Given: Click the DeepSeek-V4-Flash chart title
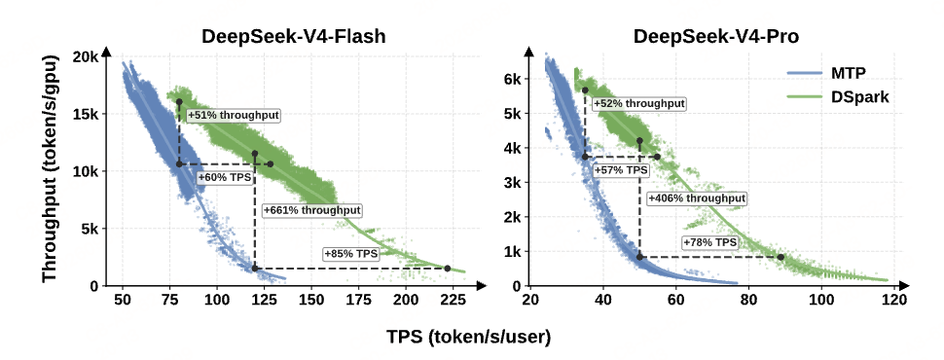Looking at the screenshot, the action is (x=293, y=37).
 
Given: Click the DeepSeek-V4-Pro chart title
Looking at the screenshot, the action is (x=716, y=37).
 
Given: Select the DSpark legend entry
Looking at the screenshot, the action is (x=838, y=96).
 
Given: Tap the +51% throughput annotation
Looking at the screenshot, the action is (x=234, y=116).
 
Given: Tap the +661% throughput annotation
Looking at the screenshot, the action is (x=312, y=210).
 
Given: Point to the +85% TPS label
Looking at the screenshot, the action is (x=351, y=254).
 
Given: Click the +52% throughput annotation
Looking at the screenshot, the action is (x=639, y=104).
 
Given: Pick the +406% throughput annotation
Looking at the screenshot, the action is (x=697, y=198).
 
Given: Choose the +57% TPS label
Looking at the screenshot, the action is (x=621, y=170).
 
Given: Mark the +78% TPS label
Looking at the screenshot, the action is (x=709, y=242).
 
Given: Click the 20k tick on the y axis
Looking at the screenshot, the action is (x=86, y=57).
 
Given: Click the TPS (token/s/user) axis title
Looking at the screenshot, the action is (x=469, y=339).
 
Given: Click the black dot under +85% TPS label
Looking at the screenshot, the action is (x=448, y=268).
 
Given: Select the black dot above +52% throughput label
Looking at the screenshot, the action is (x=585, y=90).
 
